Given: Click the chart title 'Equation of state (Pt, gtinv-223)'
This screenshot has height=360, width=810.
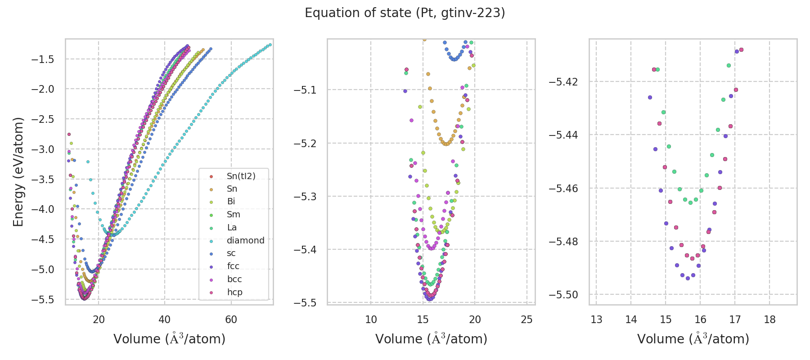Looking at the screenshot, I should pos(405,13).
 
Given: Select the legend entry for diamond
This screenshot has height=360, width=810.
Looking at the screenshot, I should pos(245,240).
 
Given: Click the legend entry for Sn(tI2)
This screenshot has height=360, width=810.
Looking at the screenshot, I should pos(241,176).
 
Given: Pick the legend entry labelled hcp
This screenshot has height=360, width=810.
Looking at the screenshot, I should pos(234,292).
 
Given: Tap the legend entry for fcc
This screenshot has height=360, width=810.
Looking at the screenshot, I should pos(233,266).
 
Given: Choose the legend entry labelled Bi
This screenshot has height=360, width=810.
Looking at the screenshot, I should pos(231,202).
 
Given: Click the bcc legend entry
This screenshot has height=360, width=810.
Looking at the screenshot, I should pos(234,279).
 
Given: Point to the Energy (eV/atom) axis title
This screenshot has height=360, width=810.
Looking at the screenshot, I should pos(18,172).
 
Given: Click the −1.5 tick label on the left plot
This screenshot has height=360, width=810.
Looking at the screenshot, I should pos(43,59).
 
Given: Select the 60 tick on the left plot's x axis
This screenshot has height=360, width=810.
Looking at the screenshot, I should pos(231,319).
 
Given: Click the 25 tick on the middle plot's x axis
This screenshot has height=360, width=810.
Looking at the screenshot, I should pos(526,319).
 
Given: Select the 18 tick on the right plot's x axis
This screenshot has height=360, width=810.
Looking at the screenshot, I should pos(769,319).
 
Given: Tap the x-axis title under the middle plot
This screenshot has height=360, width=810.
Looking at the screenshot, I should pos(431,339).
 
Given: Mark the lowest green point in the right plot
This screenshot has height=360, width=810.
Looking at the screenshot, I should pos(690,202).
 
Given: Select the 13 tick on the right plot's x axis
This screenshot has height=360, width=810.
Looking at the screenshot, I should pos(596,319).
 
